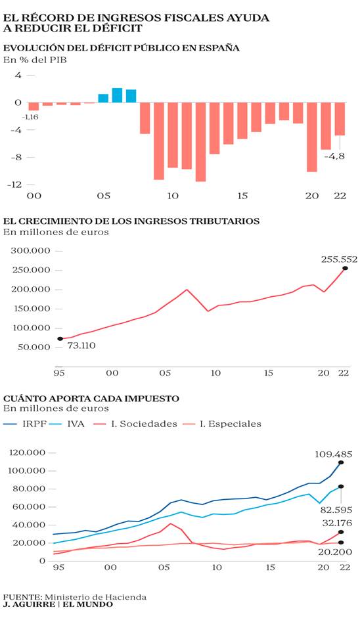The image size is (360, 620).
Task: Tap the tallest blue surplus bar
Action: coord(117,95)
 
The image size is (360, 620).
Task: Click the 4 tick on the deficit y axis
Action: coord(18,75)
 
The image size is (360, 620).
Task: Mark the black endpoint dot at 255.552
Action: coord(345,268)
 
